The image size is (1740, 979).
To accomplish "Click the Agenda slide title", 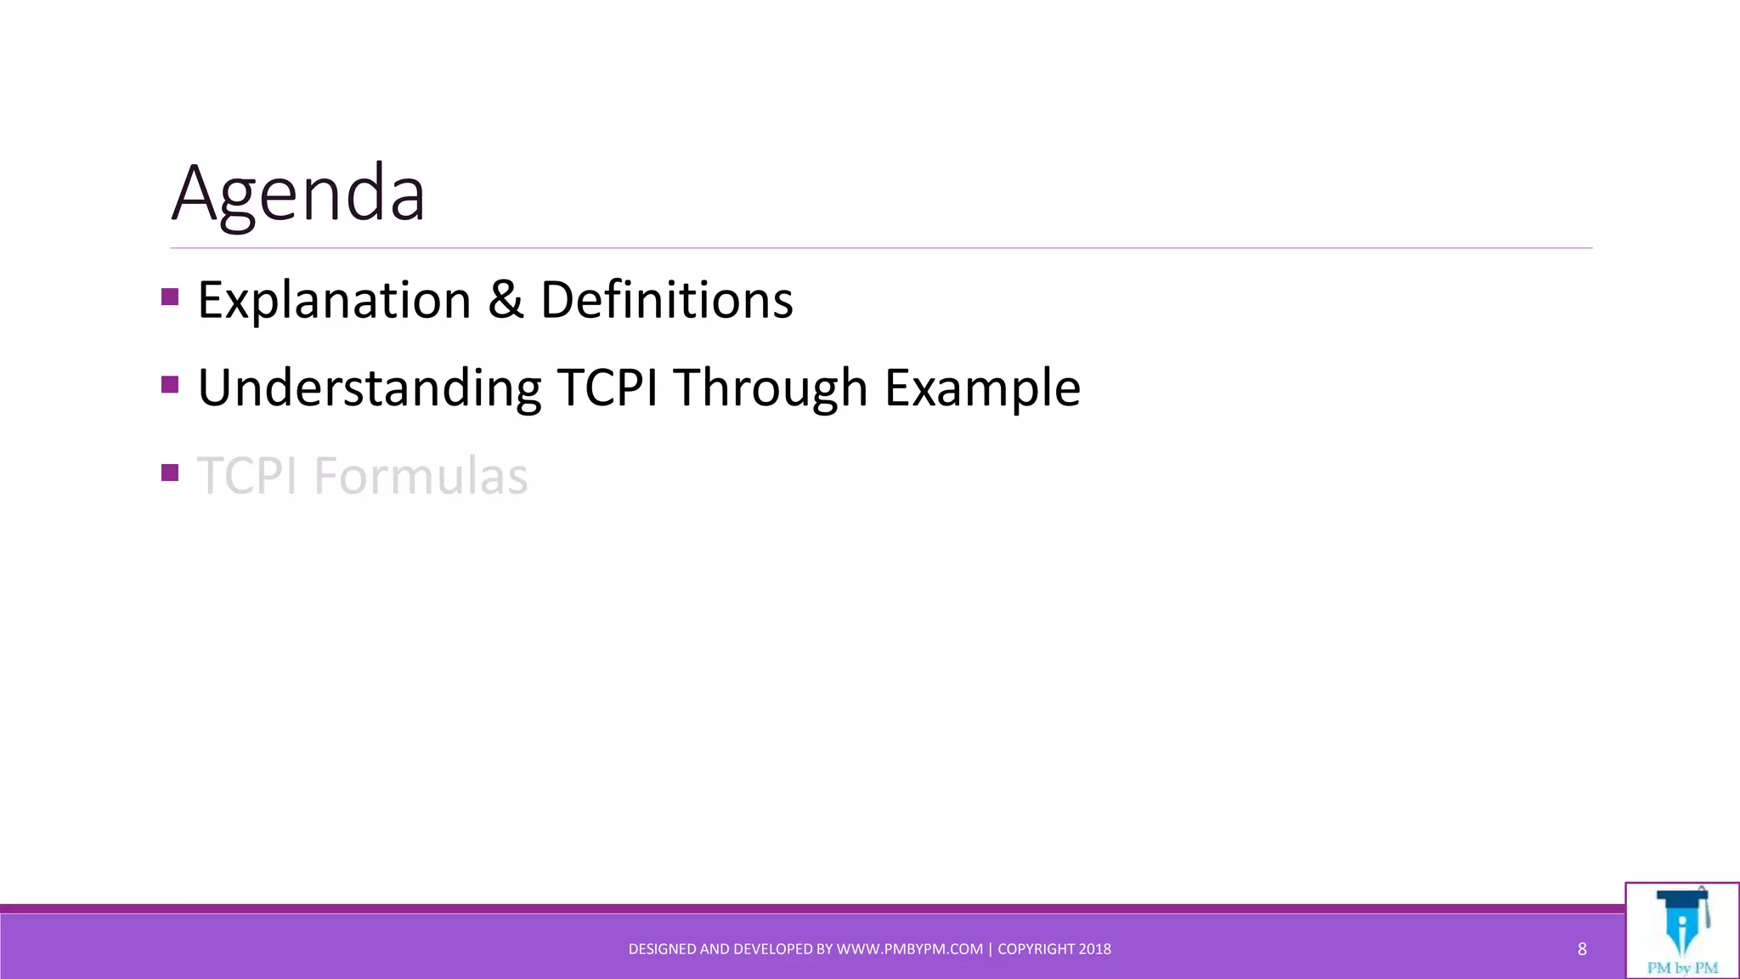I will (298, 194).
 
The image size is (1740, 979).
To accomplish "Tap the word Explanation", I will (334, 300).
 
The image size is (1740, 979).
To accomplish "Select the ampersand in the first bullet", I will (506, 300).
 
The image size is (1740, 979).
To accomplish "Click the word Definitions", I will (667, 300).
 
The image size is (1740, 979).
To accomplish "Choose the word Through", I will (771, 388).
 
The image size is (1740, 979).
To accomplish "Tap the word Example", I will (982, 388).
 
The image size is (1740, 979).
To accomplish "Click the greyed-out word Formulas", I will (421, 476).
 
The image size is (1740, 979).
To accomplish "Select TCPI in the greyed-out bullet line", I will (247, 476).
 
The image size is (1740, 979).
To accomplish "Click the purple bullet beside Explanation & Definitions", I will (170, 297).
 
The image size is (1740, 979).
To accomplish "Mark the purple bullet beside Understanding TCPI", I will (170, 385).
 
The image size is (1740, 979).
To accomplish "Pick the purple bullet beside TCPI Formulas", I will (170, 473).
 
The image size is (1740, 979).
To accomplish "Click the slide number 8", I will (1582, 949).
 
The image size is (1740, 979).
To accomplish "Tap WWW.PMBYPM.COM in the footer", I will (910, 949).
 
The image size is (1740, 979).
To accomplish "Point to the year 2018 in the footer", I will (1095, 949).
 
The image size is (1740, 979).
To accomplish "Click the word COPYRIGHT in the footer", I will (1036, 949).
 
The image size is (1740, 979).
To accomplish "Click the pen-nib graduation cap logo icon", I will (1682, 921).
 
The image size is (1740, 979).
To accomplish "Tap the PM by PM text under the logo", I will (1682, 968).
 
